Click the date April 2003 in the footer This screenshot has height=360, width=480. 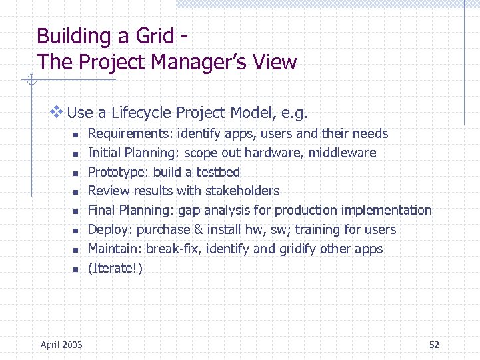(x=61, y=345)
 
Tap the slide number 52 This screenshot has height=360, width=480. (x=434, y=345)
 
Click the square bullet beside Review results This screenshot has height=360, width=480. (x=75, y=193)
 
